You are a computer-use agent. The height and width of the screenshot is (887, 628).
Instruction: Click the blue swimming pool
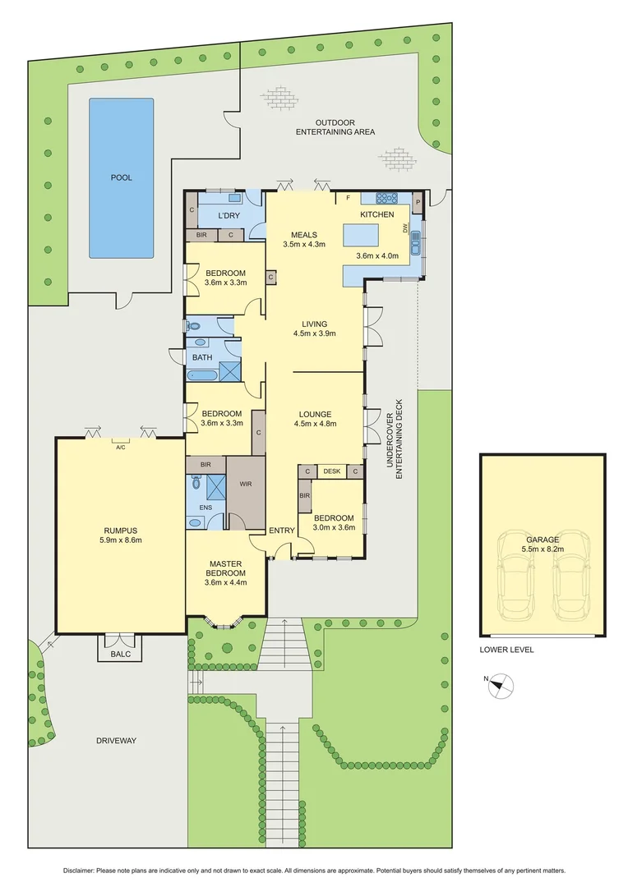[121, 177]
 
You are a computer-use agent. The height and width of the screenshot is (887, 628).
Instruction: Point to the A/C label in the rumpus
[120, 448]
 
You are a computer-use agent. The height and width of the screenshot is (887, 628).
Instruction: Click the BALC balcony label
[120, 655]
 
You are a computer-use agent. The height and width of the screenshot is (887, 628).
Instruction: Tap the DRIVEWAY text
[115, 741]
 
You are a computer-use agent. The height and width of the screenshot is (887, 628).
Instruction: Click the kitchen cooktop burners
[386, 197]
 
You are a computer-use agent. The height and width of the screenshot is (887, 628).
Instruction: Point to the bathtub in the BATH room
[202, 375]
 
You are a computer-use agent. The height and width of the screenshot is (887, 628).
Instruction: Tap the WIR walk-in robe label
[245, 485]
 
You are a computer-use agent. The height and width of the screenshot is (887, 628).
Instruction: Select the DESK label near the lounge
[332, 471]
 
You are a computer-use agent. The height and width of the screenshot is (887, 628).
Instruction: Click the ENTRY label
[282, 531]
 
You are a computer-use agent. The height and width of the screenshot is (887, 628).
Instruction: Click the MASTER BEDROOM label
[225, 568]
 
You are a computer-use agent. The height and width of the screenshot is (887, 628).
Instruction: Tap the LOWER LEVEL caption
[506, 650]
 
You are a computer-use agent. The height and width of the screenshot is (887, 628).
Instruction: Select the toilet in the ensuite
[195, 484]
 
